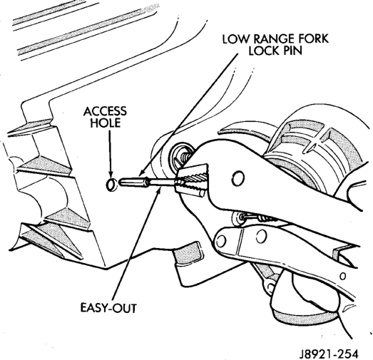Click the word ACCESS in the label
pos(105,111)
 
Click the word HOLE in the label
pos(106,123)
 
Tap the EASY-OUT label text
pos(108,308)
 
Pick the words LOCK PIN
pos(275,50)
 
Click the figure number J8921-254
pos(329,354)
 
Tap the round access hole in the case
pos(111,185)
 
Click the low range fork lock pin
pos(134,182)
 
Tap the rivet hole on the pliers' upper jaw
pos(238,178)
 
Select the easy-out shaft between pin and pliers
pos(163,182)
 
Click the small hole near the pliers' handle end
pos(343,276)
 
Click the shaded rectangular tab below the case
pos(189,252)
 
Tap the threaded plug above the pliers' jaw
pos(183,155)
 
